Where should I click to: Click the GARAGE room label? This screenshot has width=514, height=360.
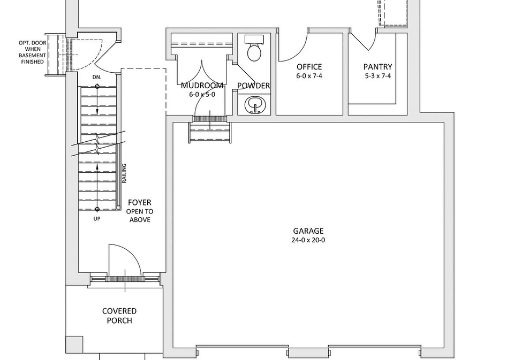coord(308,231)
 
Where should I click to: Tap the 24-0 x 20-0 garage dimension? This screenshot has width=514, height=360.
coord(308,240)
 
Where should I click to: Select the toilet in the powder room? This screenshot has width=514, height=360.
coord(254,49)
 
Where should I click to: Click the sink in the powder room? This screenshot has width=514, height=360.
coord(254,105)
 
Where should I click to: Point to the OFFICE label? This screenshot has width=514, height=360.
coord(309,67)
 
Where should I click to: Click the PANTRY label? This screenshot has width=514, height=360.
coord(377,67)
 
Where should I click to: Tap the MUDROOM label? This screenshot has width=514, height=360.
coord(202,86)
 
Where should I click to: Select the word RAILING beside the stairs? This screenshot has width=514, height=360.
coord(124,173)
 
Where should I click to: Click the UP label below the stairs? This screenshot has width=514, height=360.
coord(97,219)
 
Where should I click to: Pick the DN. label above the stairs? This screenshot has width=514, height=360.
coord(97,78)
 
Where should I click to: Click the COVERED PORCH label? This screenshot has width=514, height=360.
coord(119,316)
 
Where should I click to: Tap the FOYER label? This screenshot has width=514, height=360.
coord(140,202)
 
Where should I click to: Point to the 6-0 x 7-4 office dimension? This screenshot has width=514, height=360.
coord(309,76)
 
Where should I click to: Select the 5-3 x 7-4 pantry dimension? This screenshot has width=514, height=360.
coord(377,76)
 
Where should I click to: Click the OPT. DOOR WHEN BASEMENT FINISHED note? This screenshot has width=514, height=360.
coord(33,52)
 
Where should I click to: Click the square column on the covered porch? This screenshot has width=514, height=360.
coord(74,344)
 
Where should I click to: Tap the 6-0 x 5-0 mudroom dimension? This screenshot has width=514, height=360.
coord(202,94)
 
